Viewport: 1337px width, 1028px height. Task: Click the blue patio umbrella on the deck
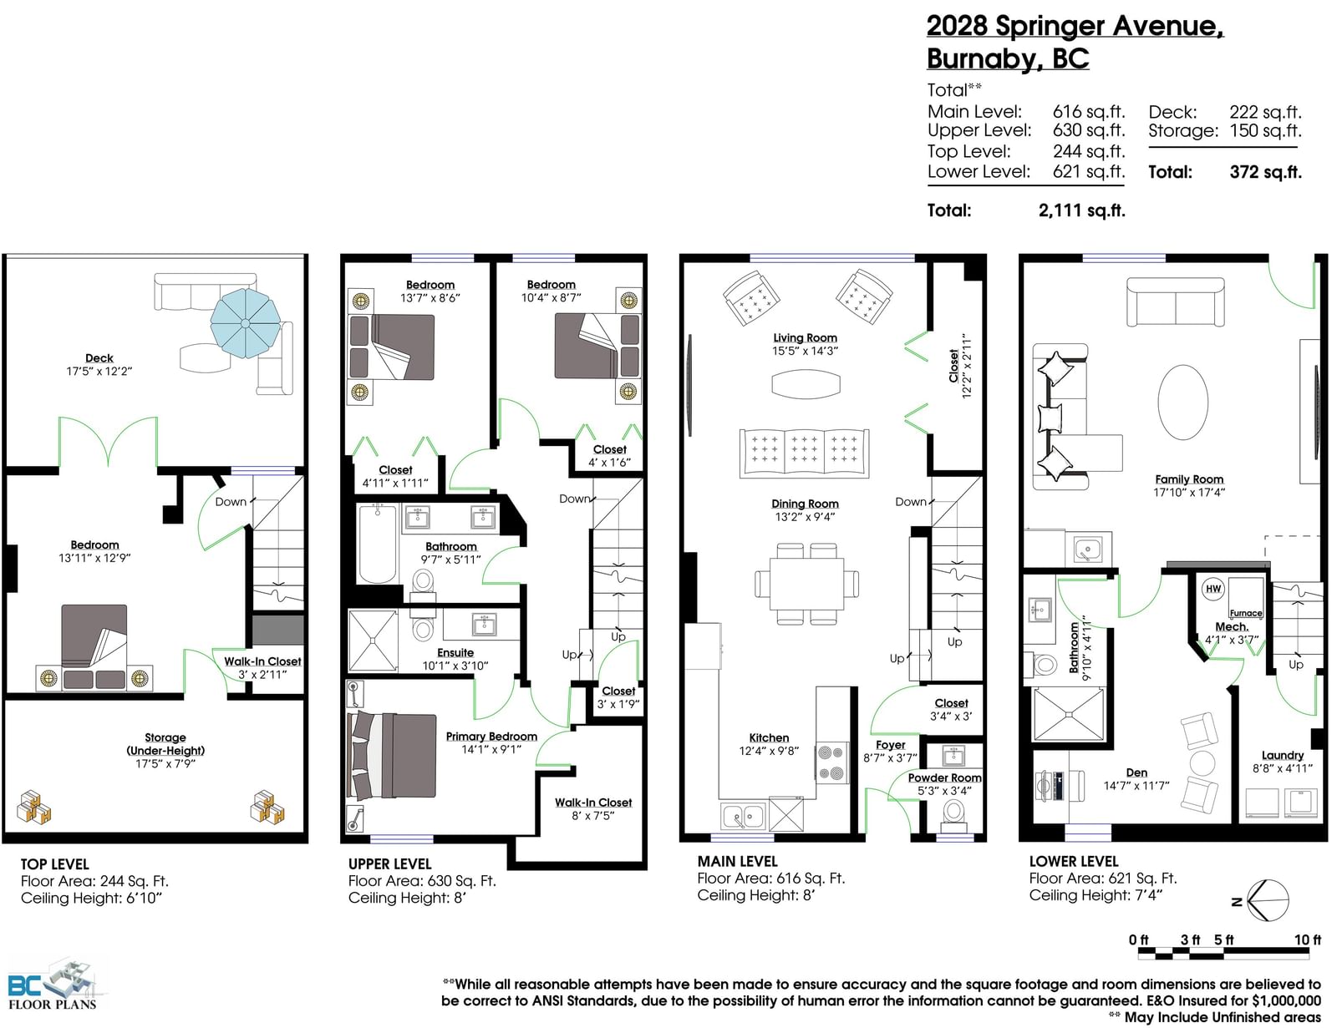tap(245, 323)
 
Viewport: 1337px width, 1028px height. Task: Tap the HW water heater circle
tap(1212, 589)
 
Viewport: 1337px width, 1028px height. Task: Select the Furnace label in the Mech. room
tap(1246, 613)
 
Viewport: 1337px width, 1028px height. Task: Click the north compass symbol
tap(1268, 901)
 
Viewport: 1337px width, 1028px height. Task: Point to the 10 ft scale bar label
tap(1307, 939)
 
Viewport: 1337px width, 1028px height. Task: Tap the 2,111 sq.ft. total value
tap(1081, 210)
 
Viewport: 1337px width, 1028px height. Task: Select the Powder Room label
tap(944, 777)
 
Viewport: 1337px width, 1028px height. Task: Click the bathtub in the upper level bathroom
tap(377, 544)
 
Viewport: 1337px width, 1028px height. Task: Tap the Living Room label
tap(805, 337)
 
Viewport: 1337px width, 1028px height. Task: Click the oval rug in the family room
tap(1182, 403)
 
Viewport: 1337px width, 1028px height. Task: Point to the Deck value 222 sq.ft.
tap(1265, 112)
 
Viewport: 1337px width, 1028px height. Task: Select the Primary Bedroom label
tap(491, 737)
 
